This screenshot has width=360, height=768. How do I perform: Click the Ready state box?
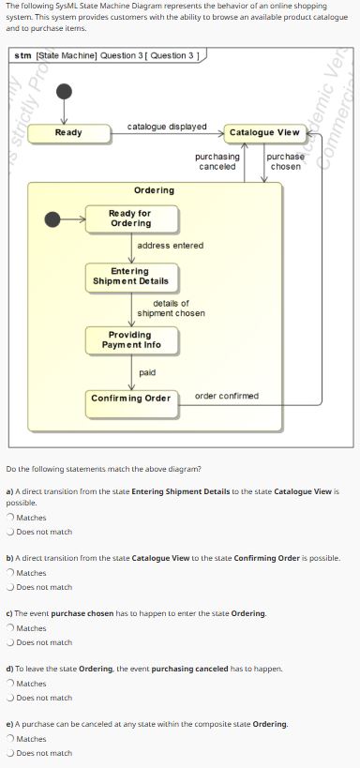tap(68, 133)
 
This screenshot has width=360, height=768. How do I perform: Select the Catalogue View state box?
tap(263, 133)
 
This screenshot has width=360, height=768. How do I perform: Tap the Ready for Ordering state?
tap(130, 218)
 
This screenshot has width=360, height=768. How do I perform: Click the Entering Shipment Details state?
tap(130, 277)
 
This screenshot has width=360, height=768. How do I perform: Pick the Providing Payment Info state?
tap(130, 339)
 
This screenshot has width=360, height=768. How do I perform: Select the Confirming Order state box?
tap(130, 399)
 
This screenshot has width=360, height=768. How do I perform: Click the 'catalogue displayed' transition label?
tap(167, 126)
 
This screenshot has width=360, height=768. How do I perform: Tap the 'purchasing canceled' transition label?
tap(217, 161)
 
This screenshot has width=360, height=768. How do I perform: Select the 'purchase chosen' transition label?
tap(285, 161)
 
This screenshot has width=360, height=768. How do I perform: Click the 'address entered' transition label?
tap(170, 246)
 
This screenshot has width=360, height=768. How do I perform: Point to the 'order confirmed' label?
tap(226, 396)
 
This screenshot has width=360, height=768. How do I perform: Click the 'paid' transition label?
tap(147, 372)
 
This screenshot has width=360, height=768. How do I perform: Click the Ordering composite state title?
tap(154, 190)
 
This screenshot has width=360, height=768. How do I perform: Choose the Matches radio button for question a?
tap(10, 518)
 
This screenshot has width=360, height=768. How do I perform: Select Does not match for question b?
tap(10, 587)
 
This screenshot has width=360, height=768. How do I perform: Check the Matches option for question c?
tap(10, 628)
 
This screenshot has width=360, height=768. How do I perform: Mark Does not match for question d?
tap(10, 698)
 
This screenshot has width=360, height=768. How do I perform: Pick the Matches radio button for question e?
tap(10, 739)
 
